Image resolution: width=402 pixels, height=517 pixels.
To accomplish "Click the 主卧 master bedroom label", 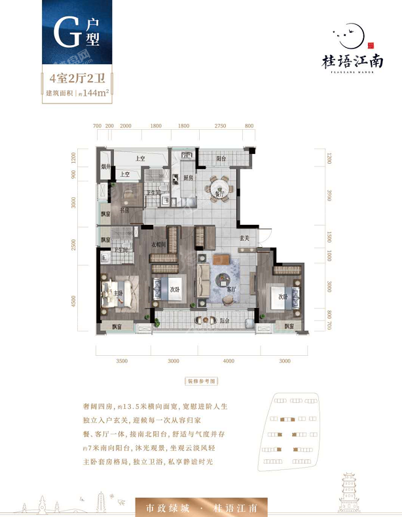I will (x=119, y=293).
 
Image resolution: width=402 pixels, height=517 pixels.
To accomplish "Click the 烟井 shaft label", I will (x=104, y=166).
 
